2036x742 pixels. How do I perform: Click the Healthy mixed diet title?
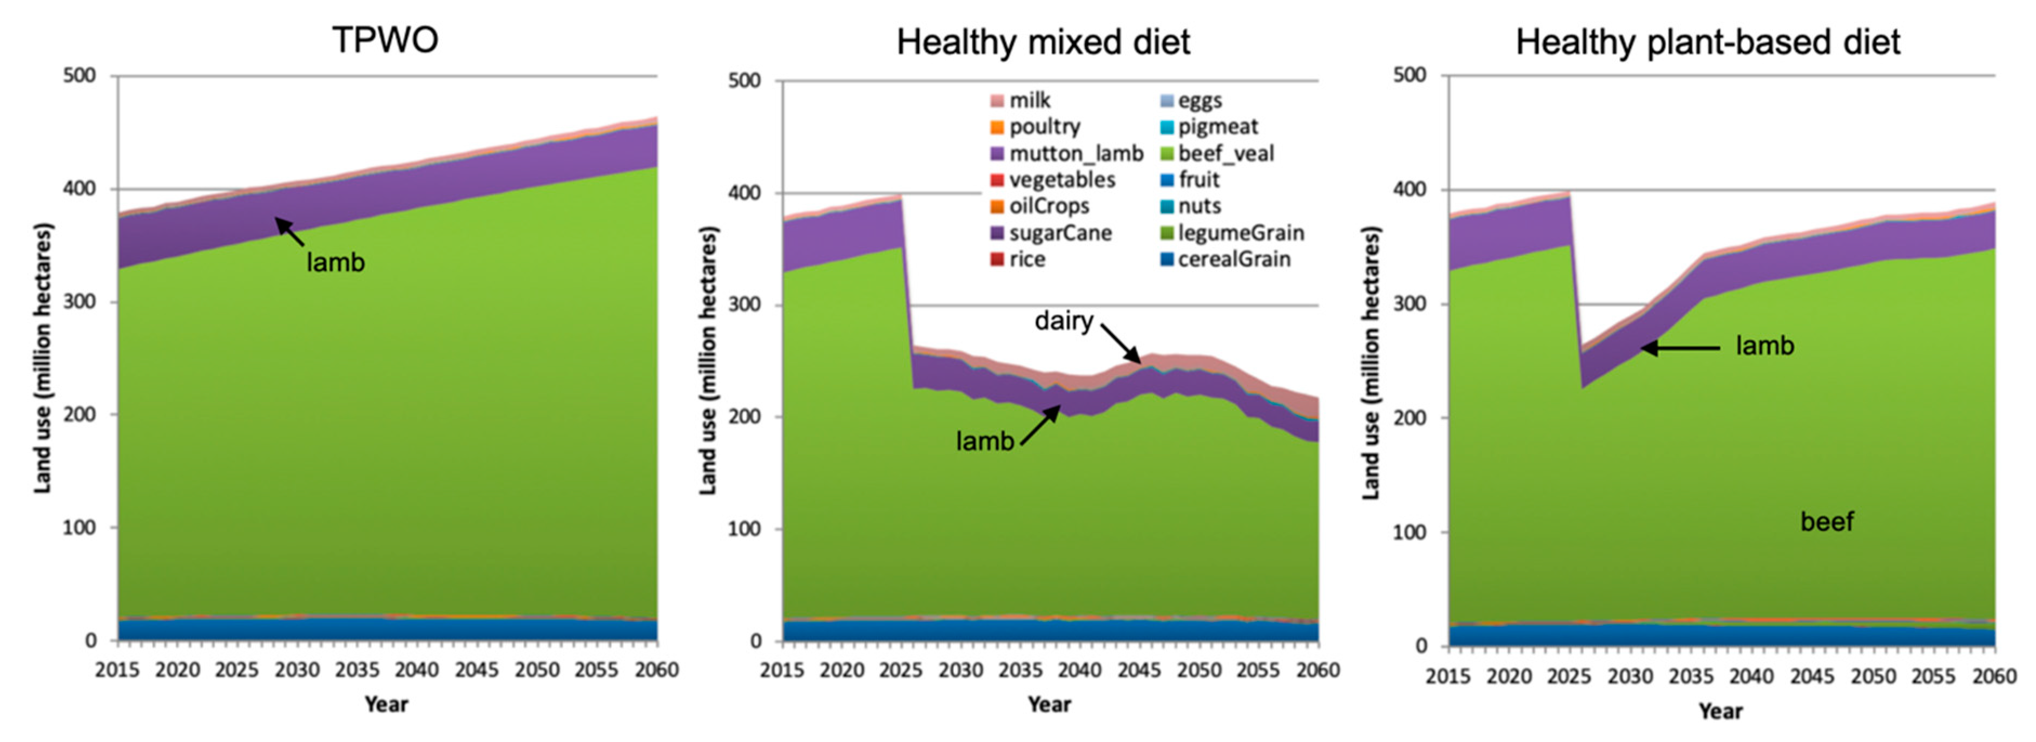pos(1043,42)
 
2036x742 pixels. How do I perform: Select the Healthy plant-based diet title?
pos(1707,42)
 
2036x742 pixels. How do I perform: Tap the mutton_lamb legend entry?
pos(1076,153)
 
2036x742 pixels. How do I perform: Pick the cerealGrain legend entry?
pos(1234,259)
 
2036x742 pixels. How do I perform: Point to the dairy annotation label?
pos(1064,321)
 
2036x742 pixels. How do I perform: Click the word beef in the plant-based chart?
pos(1827,522)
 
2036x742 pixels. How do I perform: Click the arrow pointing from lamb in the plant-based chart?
pos(1679,348)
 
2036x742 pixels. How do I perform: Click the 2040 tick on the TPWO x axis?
pos(417,670)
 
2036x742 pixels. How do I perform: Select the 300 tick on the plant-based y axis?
pos(1409,304)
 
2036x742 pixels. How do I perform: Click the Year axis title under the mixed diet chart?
pos(1049,704)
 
